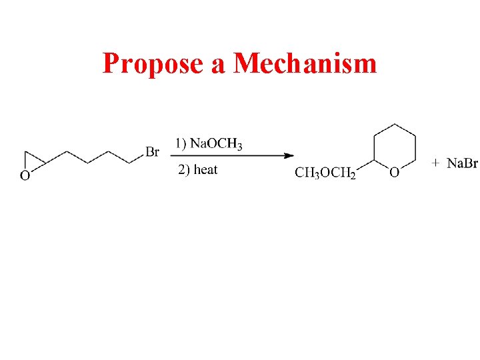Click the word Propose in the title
152,64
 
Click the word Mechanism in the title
305,64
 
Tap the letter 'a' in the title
218,65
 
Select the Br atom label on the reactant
152,153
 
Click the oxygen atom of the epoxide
25,176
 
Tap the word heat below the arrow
205,169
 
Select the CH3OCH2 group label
325,173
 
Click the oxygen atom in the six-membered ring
395,173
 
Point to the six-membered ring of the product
395,147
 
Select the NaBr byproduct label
462,163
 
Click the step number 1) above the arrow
181,143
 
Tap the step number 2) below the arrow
185,169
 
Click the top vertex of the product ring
395,123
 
